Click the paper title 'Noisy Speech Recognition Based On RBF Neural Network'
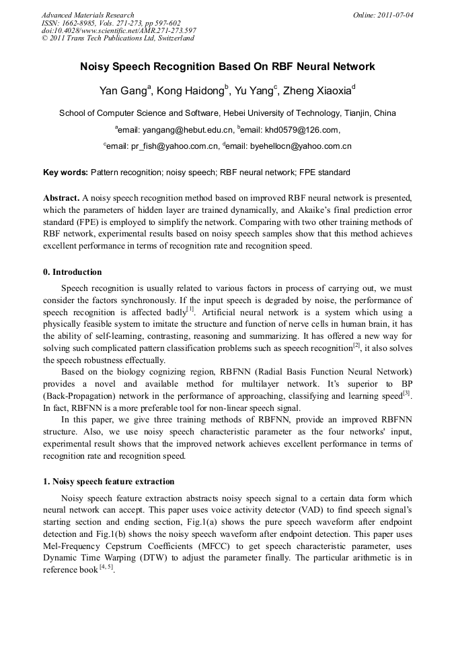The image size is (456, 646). (227, 67)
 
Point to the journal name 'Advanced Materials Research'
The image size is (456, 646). (88, 15)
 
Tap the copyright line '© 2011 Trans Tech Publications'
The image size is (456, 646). (118, 38)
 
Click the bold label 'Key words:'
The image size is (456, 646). (65, 172)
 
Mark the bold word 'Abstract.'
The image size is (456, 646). (61, 199)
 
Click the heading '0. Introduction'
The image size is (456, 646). (73, 272)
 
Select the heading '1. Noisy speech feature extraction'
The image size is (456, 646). (109, 482)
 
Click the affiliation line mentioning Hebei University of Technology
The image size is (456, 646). (227, 113)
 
